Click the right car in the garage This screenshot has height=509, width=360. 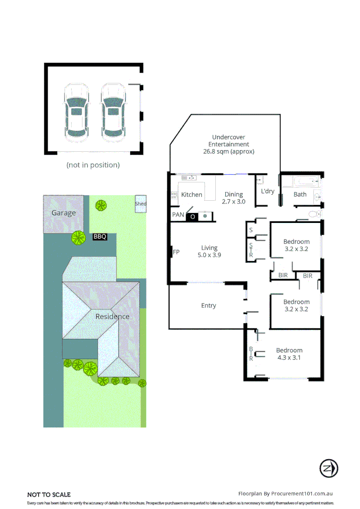(x=113, y=113)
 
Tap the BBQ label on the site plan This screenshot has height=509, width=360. (x=100, y=237)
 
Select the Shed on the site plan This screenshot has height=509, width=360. (x=140, y=204)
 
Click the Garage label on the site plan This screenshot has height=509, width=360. (x=64, y=213)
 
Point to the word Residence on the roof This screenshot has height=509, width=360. (x=112, y=316)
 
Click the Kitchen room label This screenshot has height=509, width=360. (x=192, y=195)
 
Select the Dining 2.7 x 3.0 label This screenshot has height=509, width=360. (x=233, y=197)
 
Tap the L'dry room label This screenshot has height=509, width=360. (x=268, y=191)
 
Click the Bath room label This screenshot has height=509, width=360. (x=300, y=194)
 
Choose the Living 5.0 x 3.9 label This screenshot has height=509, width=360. (x=209, y=251)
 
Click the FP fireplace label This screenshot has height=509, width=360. (x=176, y=252)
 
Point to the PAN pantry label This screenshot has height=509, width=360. (x=178, y=215)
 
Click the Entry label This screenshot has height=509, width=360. (x=209, y=305)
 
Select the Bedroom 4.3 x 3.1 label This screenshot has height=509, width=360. (x=289, y=353)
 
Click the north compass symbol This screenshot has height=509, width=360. (x=328, y=468)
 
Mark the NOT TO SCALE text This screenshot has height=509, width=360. (x=49, y=494)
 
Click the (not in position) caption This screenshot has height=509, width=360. (x=93, y=165)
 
